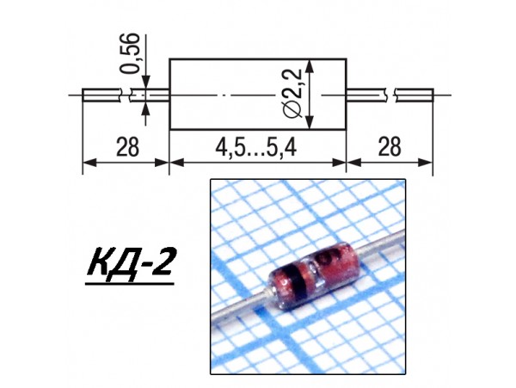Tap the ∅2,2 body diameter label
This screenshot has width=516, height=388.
tap(292, 95)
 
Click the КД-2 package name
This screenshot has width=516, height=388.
tap(130, 264)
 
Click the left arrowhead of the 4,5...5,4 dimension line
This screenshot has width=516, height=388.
tap(175, 161)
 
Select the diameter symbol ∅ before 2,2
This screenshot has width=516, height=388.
tap(292, 110)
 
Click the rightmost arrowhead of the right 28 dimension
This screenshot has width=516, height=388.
tap(427, 161)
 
